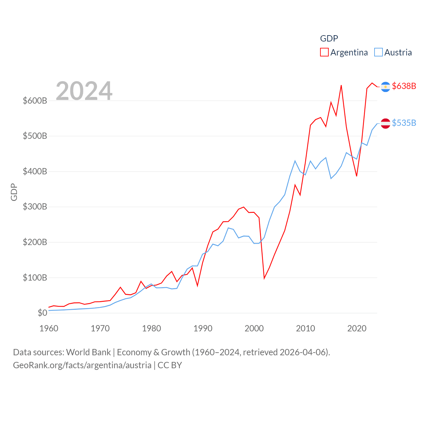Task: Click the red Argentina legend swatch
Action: click(x=324, y=52)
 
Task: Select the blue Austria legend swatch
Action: click(x=379, y=52)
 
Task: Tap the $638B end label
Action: click(x=404, y=86)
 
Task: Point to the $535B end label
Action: click(x=404, y=123)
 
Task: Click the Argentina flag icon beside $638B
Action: click(x=385, y=87)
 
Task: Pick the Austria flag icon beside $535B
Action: click(x=385, y=124)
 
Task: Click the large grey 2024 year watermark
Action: click(x=84, y=91)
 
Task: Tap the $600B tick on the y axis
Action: click(x=35, y=101)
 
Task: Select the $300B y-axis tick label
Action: click(x=35, y=207)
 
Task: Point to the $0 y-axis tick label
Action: click(x=42, y=313)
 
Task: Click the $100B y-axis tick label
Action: click(x=35, y=278)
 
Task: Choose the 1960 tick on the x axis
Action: click(x=49, y=328)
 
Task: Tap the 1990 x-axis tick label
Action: click(x=203, y=328)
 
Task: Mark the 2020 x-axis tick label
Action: click(x=357, y=328)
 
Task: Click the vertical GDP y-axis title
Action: click(x=14, y=192)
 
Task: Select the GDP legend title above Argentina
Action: click(x=329, y=39)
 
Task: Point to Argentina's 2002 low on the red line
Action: click(x=264, y=278)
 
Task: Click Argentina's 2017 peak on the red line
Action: click(x=341, y=86)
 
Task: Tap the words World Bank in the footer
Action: click(x=89, y=352)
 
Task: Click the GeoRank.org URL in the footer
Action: click(x=82, y=365)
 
